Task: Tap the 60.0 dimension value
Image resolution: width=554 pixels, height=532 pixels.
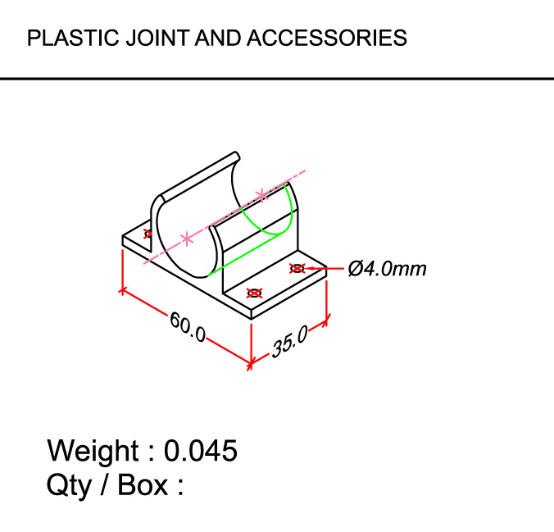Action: tap(188, 325)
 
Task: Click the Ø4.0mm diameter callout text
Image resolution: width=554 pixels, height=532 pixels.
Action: tap(387, 268)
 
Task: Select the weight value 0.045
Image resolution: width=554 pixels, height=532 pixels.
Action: tap(201, 451)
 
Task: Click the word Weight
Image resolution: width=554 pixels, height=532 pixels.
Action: tap(93, 451)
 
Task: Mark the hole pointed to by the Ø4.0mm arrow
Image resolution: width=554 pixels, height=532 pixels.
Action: tap(297, 268)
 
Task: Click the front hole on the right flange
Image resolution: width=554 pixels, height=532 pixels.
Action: tap(254, 293)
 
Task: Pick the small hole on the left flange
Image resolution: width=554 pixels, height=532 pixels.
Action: tap(148, 234)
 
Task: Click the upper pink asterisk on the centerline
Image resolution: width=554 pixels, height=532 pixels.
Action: tap(261, 194)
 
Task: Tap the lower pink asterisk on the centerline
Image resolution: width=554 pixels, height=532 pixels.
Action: tap(188, 239)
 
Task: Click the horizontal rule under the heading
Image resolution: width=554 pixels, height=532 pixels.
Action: tap(277, 79)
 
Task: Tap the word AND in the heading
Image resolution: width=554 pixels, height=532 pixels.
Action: tap(219, 38)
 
